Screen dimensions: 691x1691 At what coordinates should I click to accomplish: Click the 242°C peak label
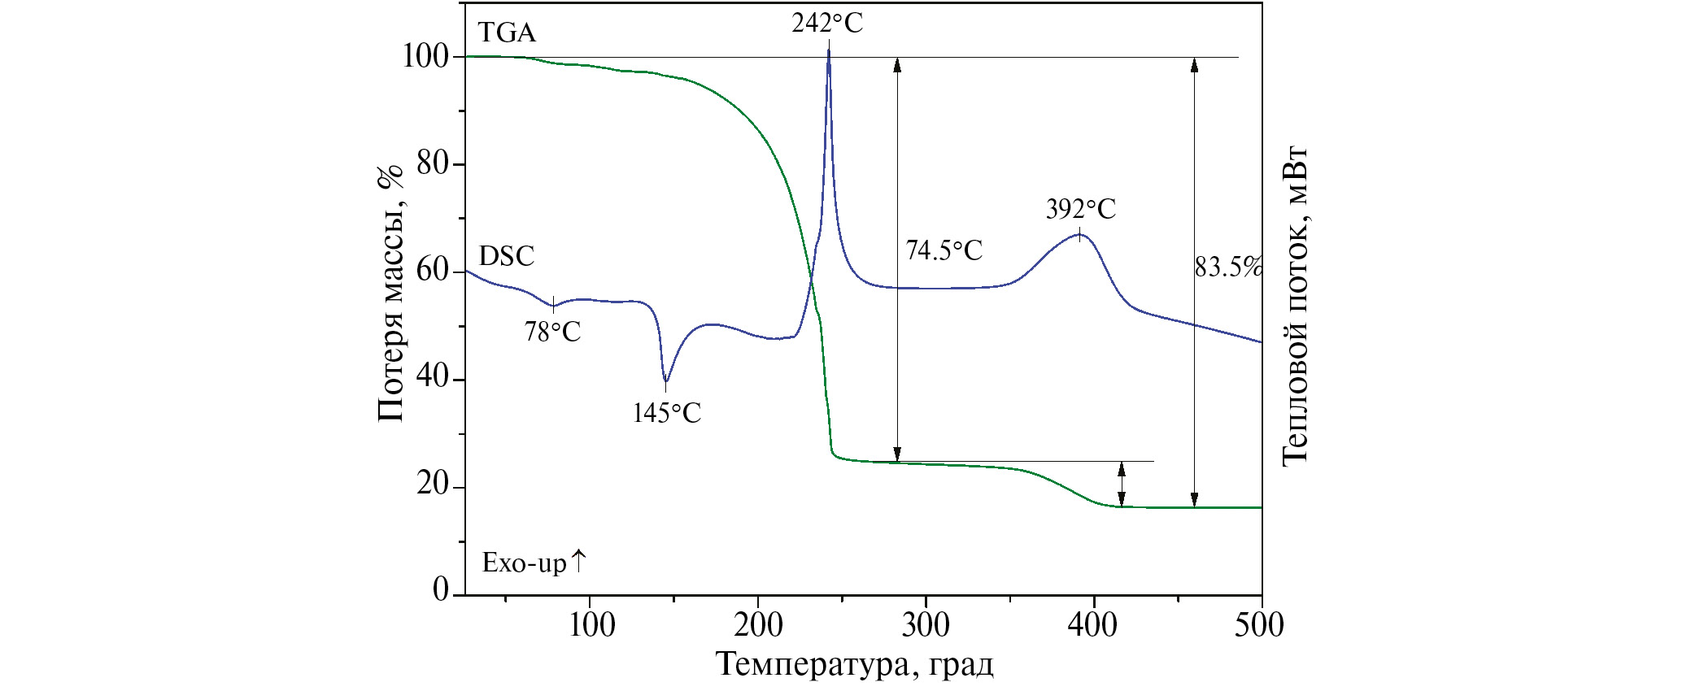click(827, 23)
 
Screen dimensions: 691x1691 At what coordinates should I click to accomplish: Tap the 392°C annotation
click(1080, 210)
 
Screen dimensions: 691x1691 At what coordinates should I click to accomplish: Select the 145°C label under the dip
click(666, 413)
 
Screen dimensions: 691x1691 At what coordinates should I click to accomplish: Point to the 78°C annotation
click(552, 332)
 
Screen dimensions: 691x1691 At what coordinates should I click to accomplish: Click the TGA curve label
click(507, 33)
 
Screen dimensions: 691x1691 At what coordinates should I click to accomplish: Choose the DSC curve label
click(507, 256)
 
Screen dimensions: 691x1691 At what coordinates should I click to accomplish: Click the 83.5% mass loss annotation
click(1228, 267)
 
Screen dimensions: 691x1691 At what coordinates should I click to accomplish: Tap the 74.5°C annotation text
click(944, 250)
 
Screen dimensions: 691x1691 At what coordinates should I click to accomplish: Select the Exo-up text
click(533, 563)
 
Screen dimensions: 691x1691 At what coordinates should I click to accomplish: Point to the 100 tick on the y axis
click(425, 57)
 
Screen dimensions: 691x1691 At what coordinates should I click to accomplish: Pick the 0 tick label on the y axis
click(441, 589)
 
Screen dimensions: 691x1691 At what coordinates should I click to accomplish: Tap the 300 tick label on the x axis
click(926, 625)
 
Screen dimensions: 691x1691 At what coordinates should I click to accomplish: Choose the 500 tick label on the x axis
click(1259, 625)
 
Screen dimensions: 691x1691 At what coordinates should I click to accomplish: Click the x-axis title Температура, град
click(854, 664)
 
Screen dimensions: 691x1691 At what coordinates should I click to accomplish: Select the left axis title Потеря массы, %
click(390, 293)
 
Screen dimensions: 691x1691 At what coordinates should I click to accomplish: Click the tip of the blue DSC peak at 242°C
click(829, 50)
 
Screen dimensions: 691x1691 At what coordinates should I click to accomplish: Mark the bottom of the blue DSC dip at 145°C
click(665, 380)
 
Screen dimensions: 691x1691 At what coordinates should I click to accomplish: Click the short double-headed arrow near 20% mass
click(1122, 485)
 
